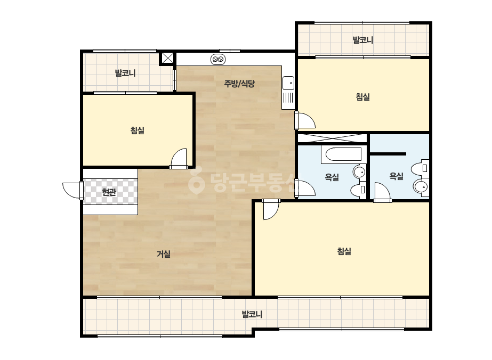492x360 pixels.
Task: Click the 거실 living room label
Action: [164, 254]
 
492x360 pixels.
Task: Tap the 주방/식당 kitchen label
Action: [239, 84]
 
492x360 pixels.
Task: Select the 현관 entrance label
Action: [109, 192]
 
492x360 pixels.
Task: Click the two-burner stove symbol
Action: [218, 59]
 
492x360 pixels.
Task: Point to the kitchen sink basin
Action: [288, 84]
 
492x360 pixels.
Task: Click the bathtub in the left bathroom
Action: [343, 154]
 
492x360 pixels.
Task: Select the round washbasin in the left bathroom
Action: [360, 172]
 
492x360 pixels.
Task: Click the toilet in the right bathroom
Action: [420, 168]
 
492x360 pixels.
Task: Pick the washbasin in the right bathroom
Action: [421, 186]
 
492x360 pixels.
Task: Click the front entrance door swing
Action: [72, 190]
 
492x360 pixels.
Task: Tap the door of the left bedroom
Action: [179, 158]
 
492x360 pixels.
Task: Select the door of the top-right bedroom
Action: [305, 120]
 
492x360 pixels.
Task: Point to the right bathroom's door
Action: [382, 192]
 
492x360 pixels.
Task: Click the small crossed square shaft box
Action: [167, 58]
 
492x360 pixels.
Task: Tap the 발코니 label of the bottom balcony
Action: [252, 314]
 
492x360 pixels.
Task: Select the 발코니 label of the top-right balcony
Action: [363, 40]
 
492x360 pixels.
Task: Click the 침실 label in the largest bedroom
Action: [344, 251]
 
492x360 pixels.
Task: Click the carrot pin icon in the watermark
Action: [196, 183]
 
